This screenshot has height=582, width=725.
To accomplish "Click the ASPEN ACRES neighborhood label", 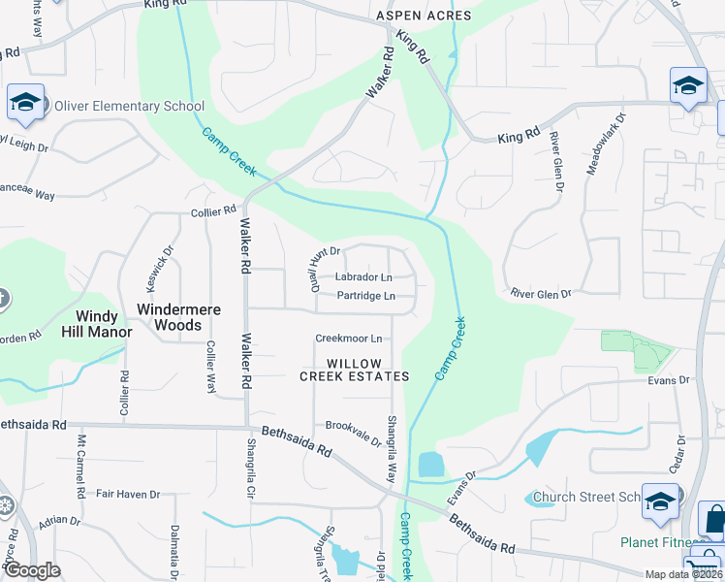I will pos(425,16).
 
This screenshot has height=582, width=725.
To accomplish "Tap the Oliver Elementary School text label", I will pos(129,107).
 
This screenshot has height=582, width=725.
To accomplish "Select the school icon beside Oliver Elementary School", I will pos(25,101).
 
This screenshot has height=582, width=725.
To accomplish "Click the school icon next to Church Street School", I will pos(660,501).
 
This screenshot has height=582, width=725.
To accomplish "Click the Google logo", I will pos(32,570).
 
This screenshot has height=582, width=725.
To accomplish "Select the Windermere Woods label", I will pos(178,317).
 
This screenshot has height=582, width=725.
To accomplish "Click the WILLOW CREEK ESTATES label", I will pos(355,370).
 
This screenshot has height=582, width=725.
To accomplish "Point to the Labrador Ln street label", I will pos(362,277).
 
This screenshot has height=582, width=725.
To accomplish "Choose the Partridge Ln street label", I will pos(365,296).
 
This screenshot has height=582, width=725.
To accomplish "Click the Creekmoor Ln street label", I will pos(348,339).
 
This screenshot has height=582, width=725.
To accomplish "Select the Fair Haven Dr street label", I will pos(128,495).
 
